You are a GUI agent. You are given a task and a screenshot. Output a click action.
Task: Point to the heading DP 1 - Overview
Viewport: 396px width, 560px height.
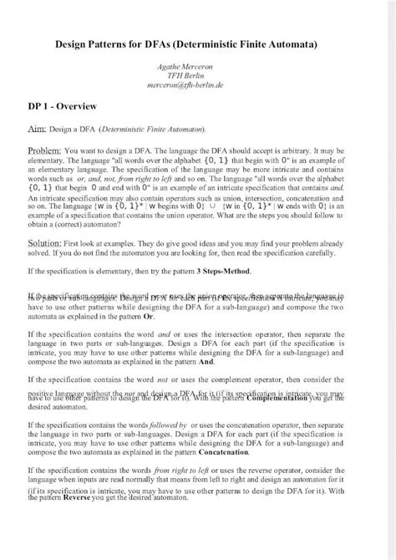[63, 106]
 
